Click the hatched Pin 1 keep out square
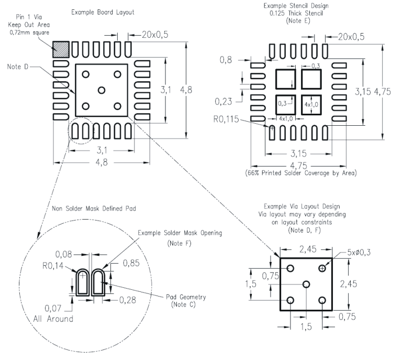pos(61,49)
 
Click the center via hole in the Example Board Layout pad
pos(102,90)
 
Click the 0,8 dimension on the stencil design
pos(226,60)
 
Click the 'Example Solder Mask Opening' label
pos(180,233)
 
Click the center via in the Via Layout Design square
pos(306,284)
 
